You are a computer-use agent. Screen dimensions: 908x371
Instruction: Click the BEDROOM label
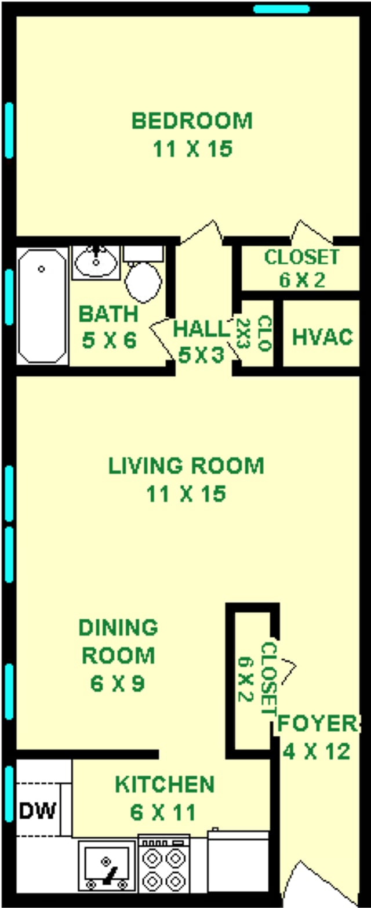tap(192, 121)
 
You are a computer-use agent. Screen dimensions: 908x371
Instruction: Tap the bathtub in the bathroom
tap(42, 306)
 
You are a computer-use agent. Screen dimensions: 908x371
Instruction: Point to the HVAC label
tap(322, 337)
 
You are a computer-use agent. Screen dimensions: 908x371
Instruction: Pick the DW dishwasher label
tap(38, 811)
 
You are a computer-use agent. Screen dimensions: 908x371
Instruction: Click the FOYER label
tap(317, 723)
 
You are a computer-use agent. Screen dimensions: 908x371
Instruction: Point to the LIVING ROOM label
tap(186, 466)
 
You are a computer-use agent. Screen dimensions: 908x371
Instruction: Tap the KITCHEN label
tap(165, 784)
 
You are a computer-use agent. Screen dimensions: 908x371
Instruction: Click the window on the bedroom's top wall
tap(282, 9)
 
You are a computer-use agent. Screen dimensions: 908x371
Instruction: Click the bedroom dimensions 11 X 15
tap(192, 150)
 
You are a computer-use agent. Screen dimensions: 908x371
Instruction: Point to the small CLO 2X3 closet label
tap(254, 333)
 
